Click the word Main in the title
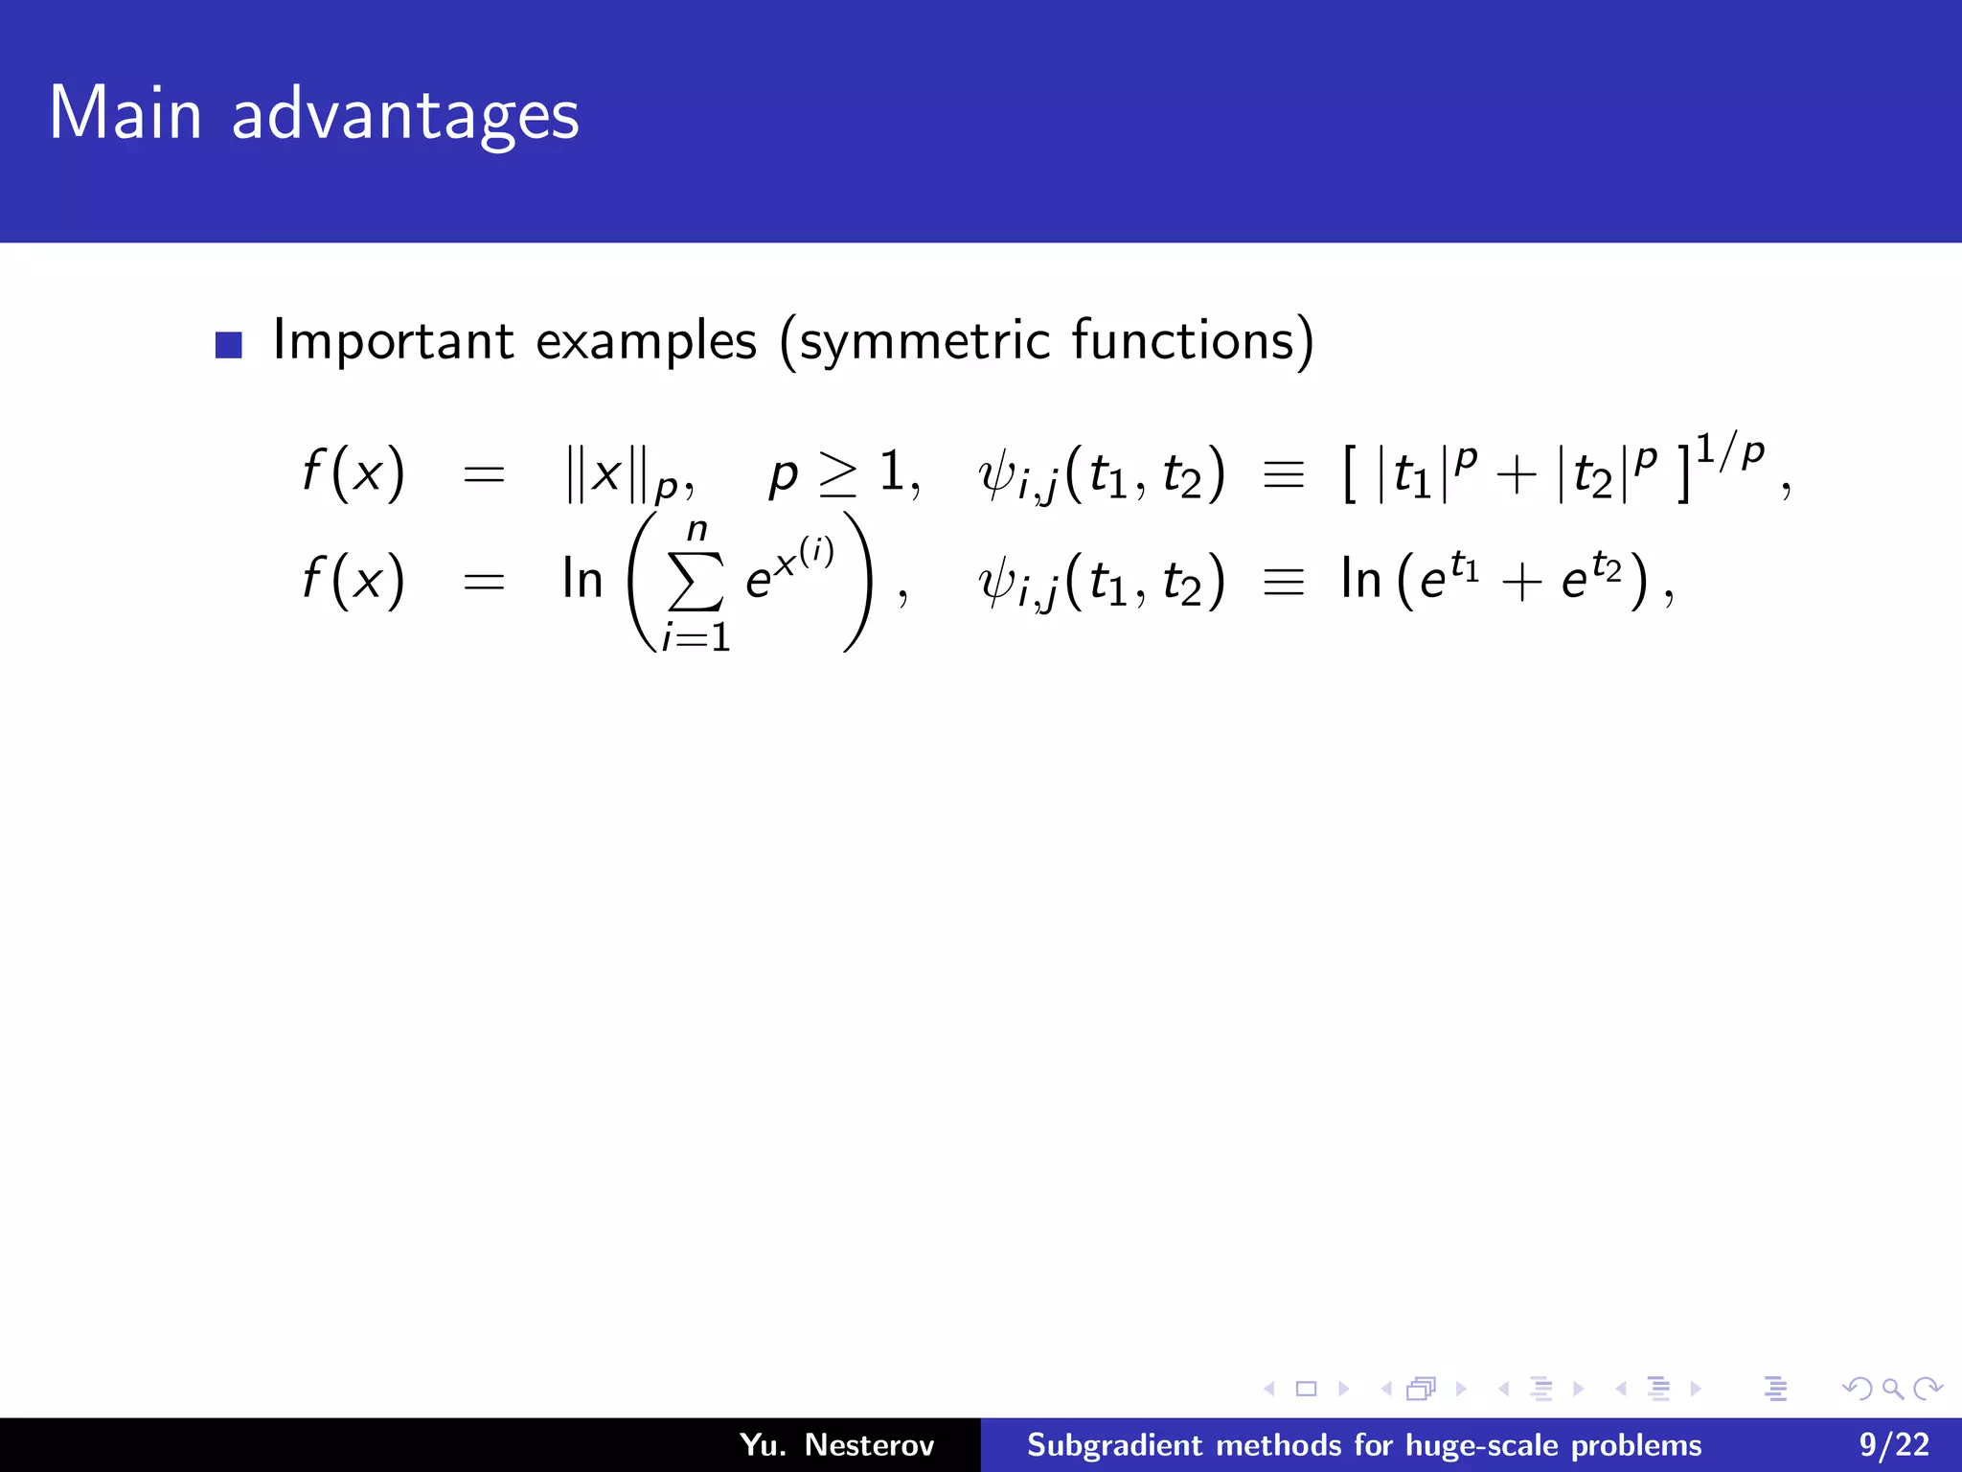pyautogui.click(x=125, y=113)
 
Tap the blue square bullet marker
pyautogui.click(x=229, y=344)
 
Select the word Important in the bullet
pyautogui.click(x=394, y=341)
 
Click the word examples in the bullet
pyautogui.click(x=647, y=341)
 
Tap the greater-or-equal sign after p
pyautogui.click(x=838, y=473)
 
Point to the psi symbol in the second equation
pyautogui.click(x=996, y=582)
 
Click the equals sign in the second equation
pyautogui.click(x=484, y=582)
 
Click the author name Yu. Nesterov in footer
pyautogui.click(x=836, y=1444)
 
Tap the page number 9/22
pyautogui.click(x=1894, y=1444)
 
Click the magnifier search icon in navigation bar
pyautogui.click(x=1893, y=1389)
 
